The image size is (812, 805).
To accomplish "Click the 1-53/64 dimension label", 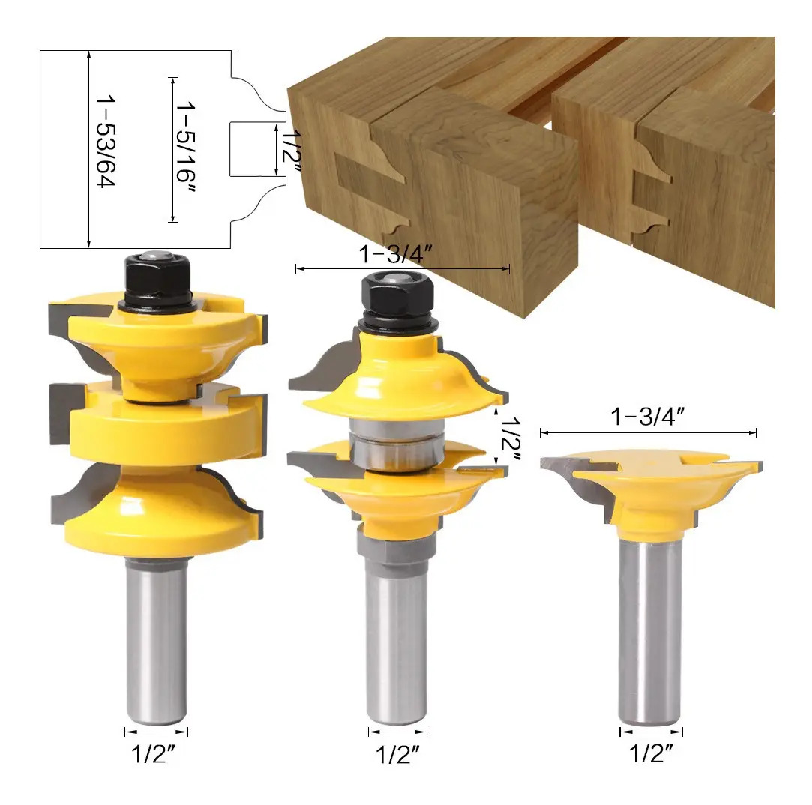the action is [106, 141].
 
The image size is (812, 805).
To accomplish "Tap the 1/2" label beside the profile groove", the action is [292, 153].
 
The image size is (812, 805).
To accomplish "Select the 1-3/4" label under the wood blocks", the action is [396, 254].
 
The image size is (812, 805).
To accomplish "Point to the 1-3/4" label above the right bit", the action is [648, 417].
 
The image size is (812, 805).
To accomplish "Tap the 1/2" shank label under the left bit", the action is [154, 754].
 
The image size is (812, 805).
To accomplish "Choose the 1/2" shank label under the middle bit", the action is [397, 755].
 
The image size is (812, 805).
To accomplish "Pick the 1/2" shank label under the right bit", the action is [651, 753].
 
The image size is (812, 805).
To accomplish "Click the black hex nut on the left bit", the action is [157, 279].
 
